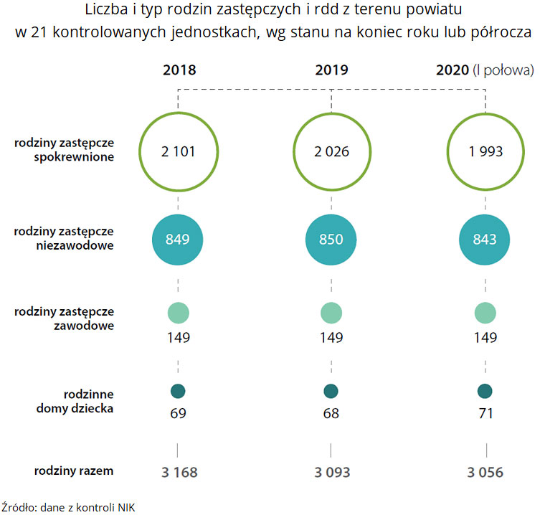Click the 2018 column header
tap(179, 70)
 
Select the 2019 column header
tap(331, 70)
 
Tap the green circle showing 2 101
tap(178, 152)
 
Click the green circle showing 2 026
tap(331, 152)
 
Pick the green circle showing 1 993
tap(485, 152)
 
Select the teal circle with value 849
tap(178, 240)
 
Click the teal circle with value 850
tap(331, 240)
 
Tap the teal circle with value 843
tap(485, 240)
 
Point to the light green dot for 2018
tap(178, 313)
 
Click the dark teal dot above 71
tap(485, 392)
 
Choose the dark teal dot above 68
tap(331, 392)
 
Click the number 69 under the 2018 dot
tap(178, 414)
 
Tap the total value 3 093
tap(331, 473)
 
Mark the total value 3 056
tap(485, 473)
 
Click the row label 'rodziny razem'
tap(74, 471)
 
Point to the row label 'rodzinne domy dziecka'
tap(87, 401)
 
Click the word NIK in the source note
tap(126, 507)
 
